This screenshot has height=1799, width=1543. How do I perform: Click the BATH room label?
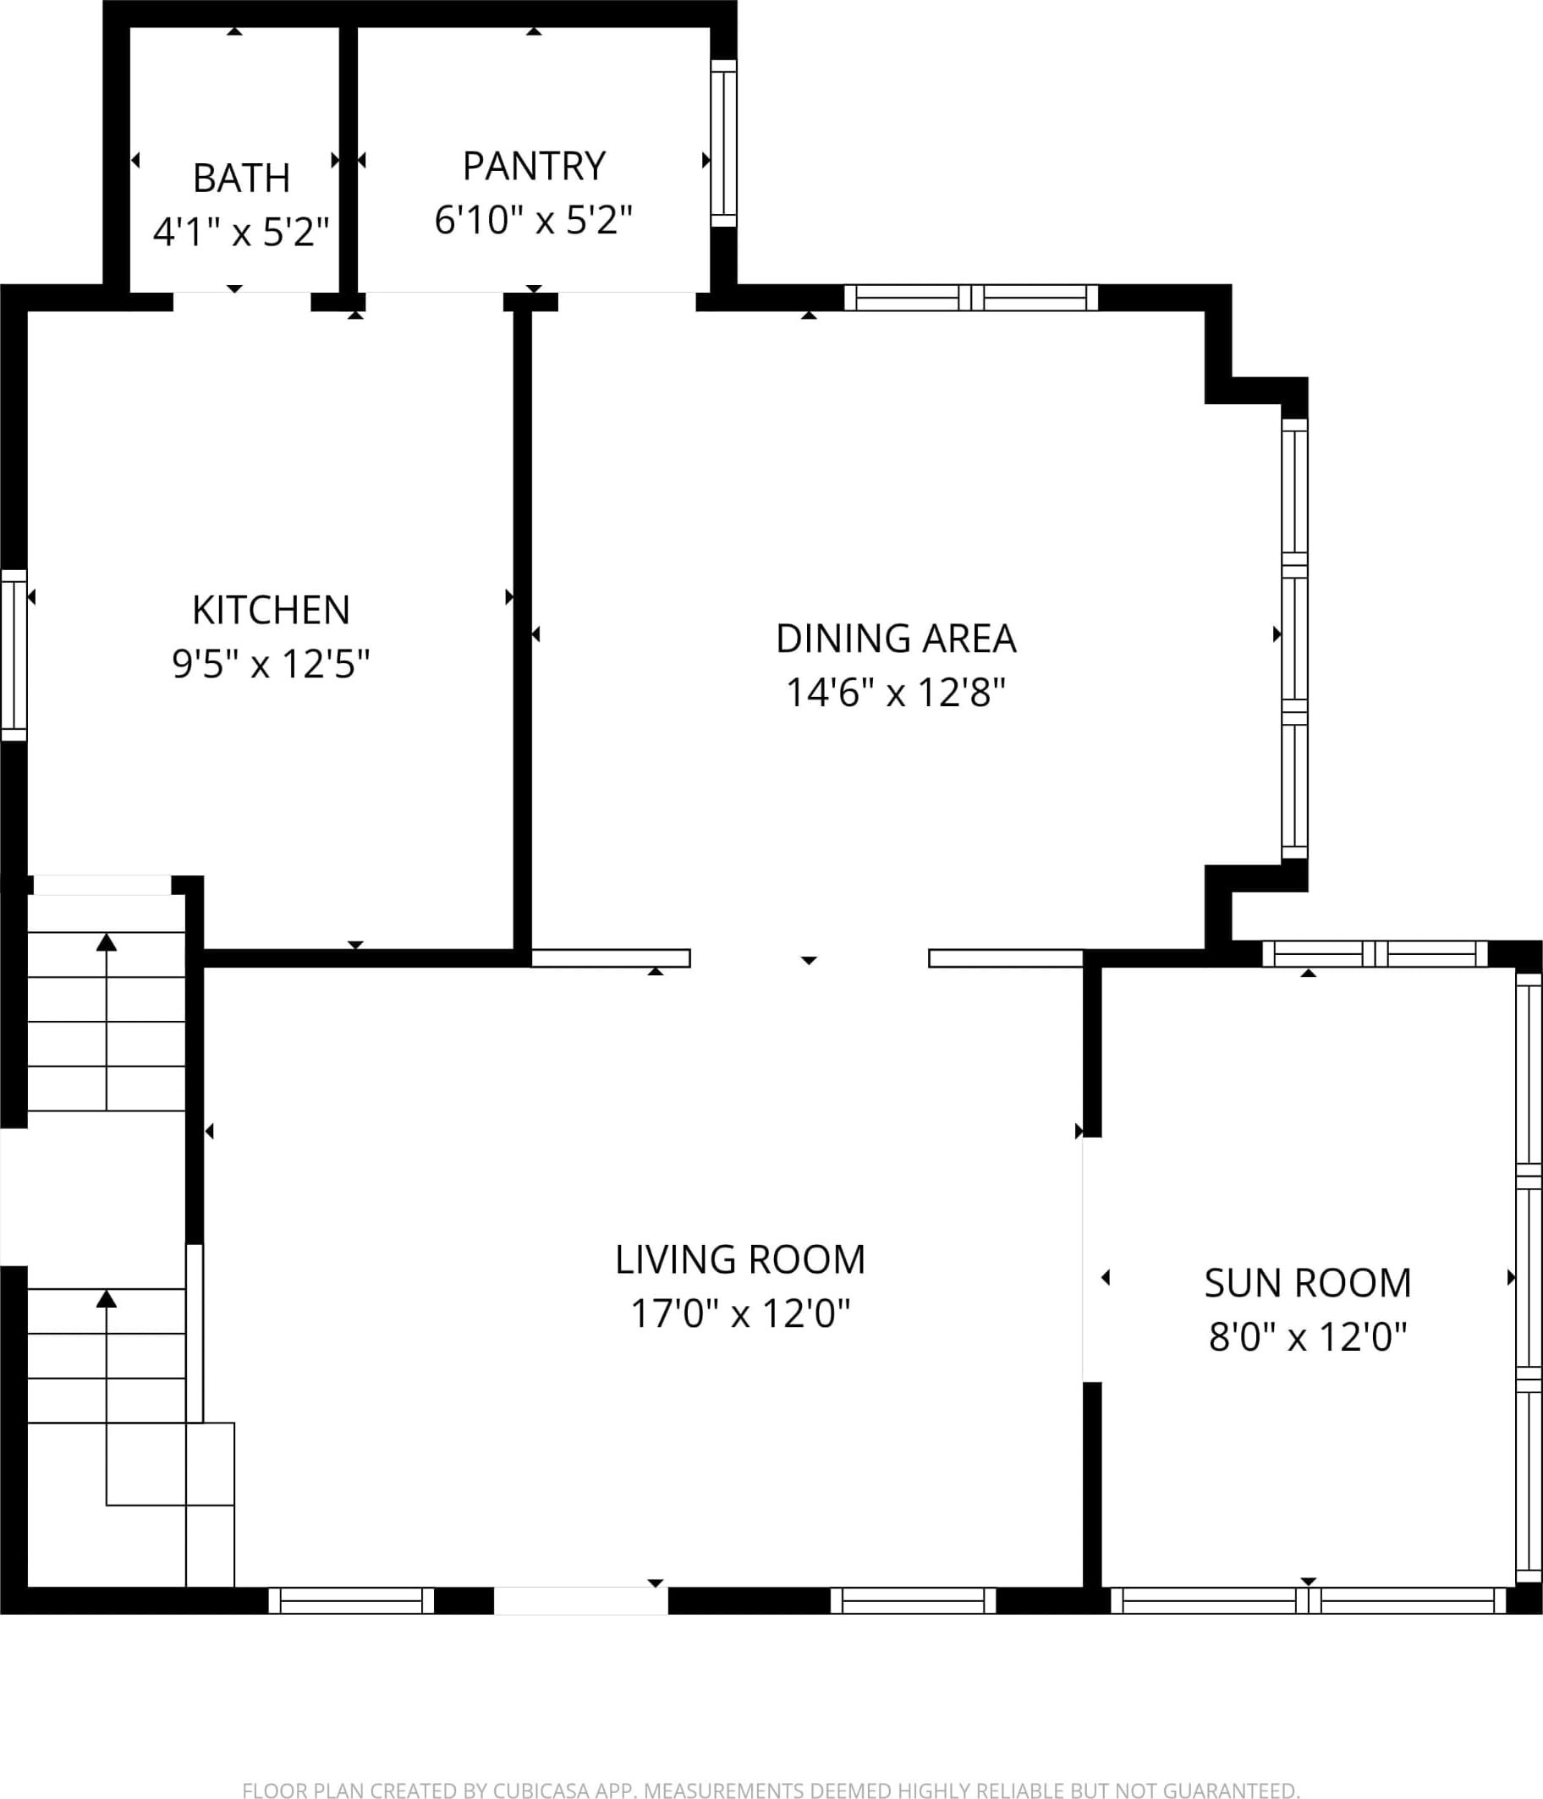[x=241, y=178]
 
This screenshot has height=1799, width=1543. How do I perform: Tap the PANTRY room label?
[x=534, y=166]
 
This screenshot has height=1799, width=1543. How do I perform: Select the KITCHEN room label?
[x=271, y=611]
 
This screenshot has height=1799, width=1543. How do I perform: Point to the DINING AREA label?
[x=896, y=639]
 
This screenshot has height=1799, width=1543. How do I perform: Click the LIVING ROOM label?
[x=741, y=1260]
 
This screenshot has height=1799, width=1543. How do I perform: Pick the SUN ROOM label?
[x=1308, y=1283]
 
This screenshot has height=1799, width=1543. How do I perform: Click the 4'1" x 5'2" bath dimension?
[x=241, y=232]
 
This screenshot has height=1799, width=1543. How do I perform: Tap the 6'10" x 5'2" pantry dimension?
[x=533, y=220]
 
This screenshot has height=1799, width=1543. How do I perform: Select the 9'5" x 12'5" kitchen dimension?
[x=271, y=664]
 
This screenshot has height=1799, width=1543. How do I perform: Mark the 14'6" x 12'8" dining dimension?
[x=896, y=693]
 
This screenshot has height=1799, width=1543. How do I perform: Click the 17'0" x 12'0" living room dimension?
[x=741, y=1314]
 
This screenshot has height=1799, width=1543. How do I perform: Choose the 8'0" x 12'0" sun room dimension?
[x=1308, y=1337]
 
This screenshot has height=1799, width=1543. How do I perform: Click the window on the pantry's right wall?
[x=723, y=143]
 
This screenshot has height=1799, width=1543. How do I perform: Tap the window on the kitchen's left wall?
[x=14, y=655]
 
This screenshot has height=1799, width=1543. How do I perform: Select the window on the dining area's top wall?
[x=971, y=298]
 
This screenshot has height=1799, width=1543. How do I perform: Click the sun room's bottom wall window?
[x=1309, y=1600]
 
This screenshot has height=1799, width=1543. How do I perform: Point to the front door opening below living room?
[x=581, y=1600]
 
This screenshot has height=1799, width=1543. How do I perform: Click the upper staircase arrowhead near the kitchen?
[x=106, y=942]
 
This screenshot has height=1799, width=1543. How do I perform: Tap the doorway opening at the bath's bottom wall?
[x=242, y=301]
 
